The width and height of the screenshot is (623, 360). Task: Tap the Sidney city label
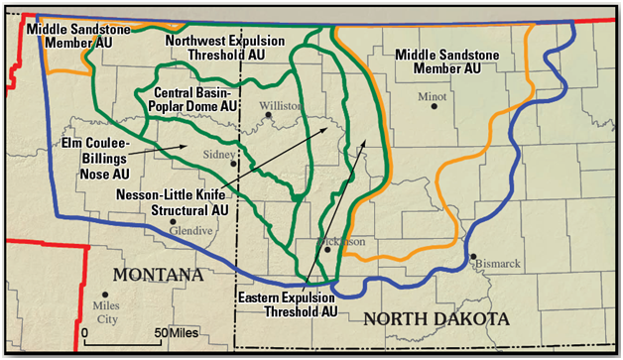point(219,155)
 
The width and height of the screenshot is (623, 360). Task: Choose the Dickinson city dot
point(326,250)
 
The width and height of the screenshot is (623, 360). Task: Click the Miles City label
point(105,313)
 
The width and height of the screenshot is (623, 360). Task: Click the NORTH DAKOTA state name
point(436,319)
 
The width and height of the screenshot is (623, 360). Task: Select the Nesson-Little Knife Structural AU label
point(173,200)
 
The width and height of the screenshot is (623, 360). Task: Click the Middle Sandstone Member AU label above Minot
point(437,60)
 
